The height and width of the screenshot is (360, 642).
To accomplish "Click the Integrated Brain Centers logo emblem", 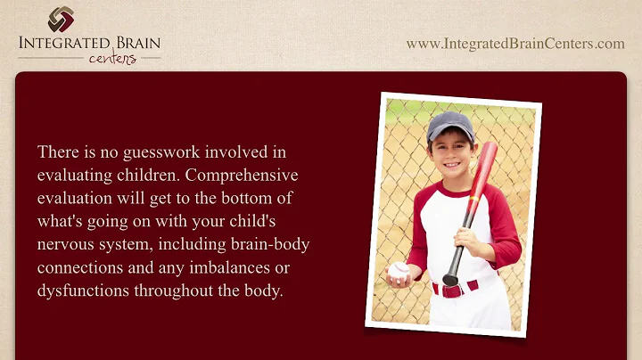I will tap(62, 19).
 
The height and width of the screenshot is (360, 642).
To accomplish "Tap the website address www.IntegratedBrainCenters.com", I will tap(515, 44).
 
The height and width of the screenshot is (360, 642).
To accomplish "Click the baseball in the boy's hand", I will tap(399, 270).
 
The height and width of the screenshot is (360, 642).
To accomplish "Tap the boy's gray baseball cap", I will tap(449, 126).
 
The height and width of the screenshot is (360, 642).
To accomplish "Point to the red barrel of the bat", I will tap(479, 178).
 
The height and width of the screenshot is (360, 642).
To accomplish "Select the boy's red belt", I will tap(455, 289).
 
